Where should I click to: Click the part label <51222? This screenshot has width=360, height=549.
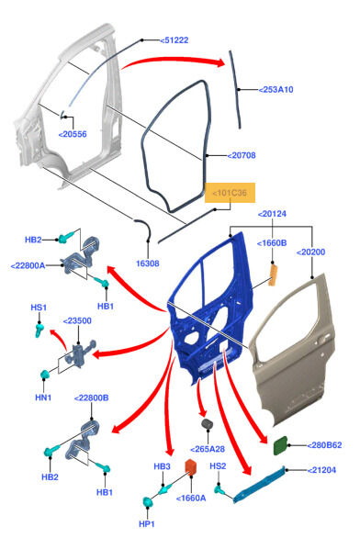pyautogui.click(x=174, y=40)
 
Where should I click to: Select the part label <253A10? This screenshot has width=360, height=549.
pyautogui.click(x=276, y=90)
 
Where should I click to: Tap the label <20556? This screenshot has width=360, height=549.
pyautogui.click(x=73, y=134)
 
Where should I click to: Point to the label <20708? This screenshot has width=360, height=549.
pyautogui.click(x=242, y=155)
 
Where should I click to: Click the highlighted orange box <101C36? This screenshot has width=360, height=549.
pyautogui.click(x=231, y=193)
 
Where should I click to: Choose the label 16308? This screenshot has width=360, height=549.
pyautogui.click(x=148, y=263)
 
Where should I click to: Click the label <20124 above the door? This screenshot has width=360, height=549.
pyautogui.click(x=272, y=214)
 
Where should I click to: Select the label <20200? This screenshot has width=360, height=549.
pyautogui.click(x=310, y=252)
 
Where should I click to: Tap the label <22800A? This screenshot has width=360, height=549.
pyautogui.click(x=28, y=265)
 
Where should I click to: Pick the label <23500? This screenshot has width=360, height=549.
pyautogui.click(x=77, y=320)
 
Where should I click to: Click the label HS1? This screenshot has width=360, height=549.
pyautogui.click(x=39, y=308)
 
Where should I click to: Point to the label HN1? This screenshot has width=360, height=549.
pyautogui.click(x=43, y=398)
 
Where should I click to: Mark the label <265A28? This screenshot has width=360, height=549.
pyautogui.click(x=208, y=449)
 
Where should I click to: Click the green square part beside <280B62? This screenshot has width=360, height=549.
pyautogui.click(x=280, y=445)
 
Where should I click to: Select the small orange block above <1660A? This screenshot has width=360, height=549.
pyautogui.click(x=190, y=466)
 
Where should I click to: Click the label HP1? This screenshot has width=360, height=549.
pyautogui.click(x=147, y=524)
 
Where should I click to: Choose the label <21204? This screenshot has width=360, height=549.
pyautogui.click(x=321, y=470)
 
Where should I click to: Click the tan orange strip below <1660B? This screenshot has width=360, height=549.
pyautogui.click(x=273, y=275)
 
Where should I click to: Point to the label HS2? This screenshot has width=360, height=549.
pyautogui.click(x=218, y=466)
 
